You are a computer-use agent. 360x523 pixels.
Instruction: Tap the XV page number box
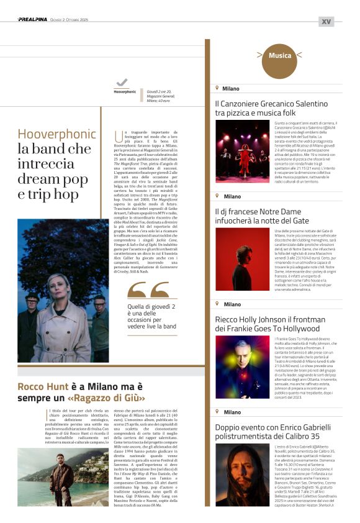(326, 21)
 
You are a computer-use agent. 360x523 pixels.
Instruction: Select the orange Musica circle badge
(280, 56)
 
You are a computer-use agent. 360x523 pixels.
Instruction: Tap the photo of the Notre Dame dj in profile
(242, 259)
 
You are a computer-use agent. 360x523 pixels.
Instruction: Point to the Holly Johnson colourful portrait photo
(242, 366)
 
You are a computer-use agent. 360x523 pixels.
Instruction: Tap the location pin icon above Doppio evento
(217, 412)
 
